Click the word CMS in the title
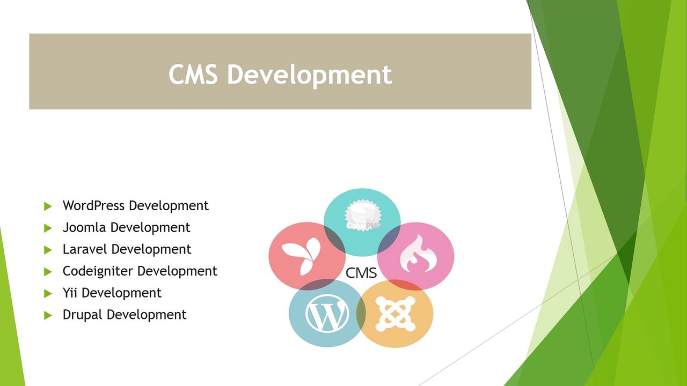(193, 74)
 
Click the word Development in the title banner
(309, 75)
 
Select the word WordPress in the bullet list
(94, 206)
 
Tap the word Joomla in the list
(85, 227)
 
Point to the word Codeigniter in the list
(98, 271)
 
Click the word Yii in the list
(70, 293)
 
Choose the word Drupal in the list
(83, 315)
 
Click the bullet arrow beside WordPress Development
(48, 206)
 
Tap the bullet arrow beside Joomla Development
(48, 228)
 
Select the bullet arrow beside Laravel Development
(48, 250)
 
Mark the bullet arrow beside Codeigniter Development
(48, 272)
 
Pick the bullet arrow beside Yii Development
(48, 293)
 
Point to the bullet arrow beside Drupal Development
(48, 315)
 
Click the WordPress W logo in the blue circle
(327, 314)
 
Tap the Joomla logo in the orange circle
(396, 314)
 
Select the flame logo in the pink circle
(416, 256)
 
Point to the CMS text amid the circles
(361, 273)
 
